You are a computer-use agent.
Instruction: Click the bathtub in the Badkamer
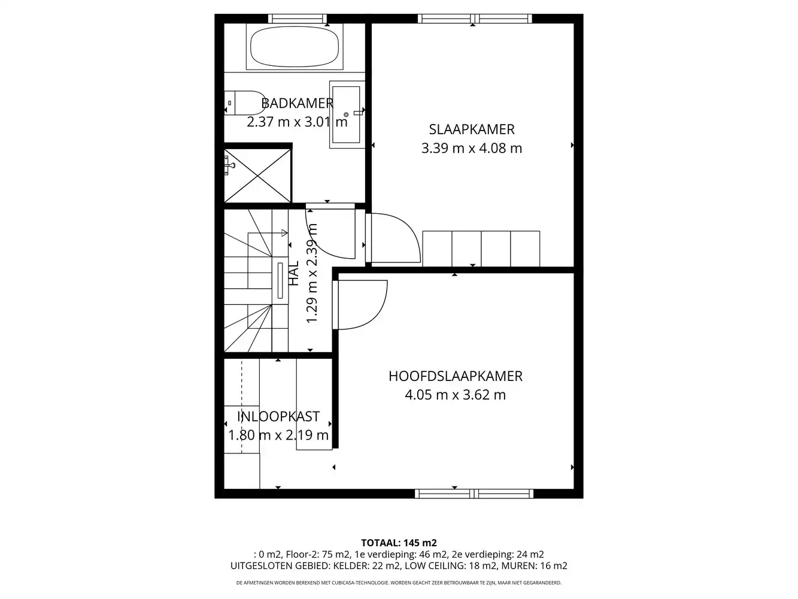(x=295, y=47)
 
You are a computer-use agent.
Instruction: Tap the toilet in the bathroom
(x=244, y=103)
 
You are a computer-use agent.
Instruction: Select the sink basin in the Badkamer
(x=347, y=114)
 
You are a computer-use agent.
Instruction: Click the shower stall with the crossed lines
(x=258, y=176)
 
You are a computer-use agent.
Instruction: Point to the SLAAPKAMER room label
(x=472, y=129)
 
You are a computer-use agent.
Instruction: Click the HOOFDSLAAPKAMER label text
(x=455, y=376)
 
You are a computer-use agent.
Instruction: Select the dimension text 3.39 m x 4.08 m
(x=472, y=149)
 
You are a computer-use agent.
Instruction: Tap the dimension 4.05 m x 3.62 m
(x=455, y=395)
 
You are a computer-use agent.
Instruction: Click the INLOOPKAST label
(x=278, y=416)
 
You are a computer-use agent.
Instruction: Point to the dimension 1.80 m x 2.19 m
(x=278, y=435)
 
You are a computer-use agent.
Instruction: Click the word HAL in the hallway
(x=294, y=273)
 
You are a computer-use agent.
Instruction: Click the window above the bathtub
(x=298, y=19)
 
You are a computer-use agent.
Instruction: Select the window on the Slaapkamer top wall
(x=475, y=19)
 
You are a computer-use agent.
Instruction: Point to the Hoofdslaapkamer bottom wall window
(x=474, y=494)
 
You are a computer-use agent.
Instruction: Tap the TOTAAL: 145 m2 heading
(x=399, y=543)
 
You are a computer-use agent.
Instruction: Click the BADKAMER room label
(x=298, y=103)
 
